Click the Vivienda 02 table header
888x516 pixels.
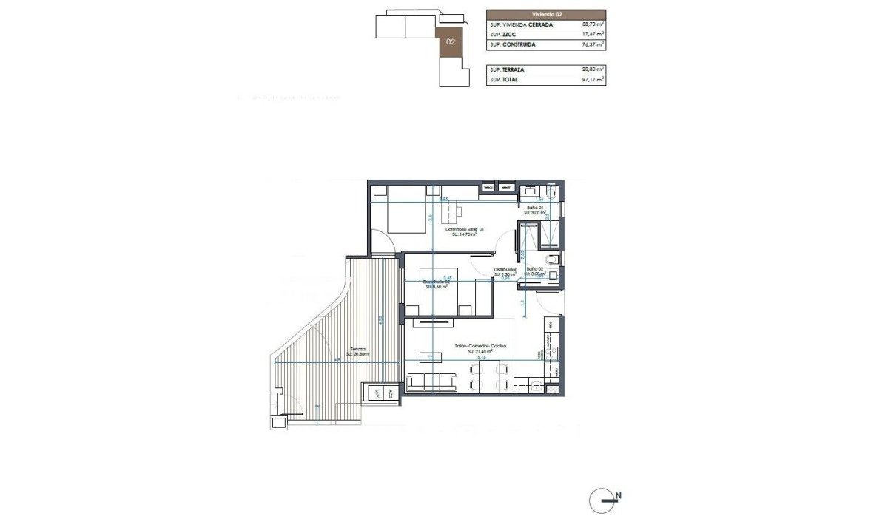pos(546,14)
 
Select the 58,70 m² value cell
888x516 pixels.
pos(589,24)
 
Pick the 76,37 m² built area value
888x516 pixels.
pos(589,44)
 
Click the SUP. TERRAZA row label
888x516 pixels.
pos(508,69)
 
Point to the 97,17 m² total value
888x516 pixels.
pos(589,78)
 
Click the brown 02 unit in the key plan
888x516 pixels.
pos(450,42)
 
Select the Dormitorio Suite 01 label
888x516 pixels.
pos(464,231)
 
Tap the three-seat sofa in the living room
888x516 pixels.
pos(433,382)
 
